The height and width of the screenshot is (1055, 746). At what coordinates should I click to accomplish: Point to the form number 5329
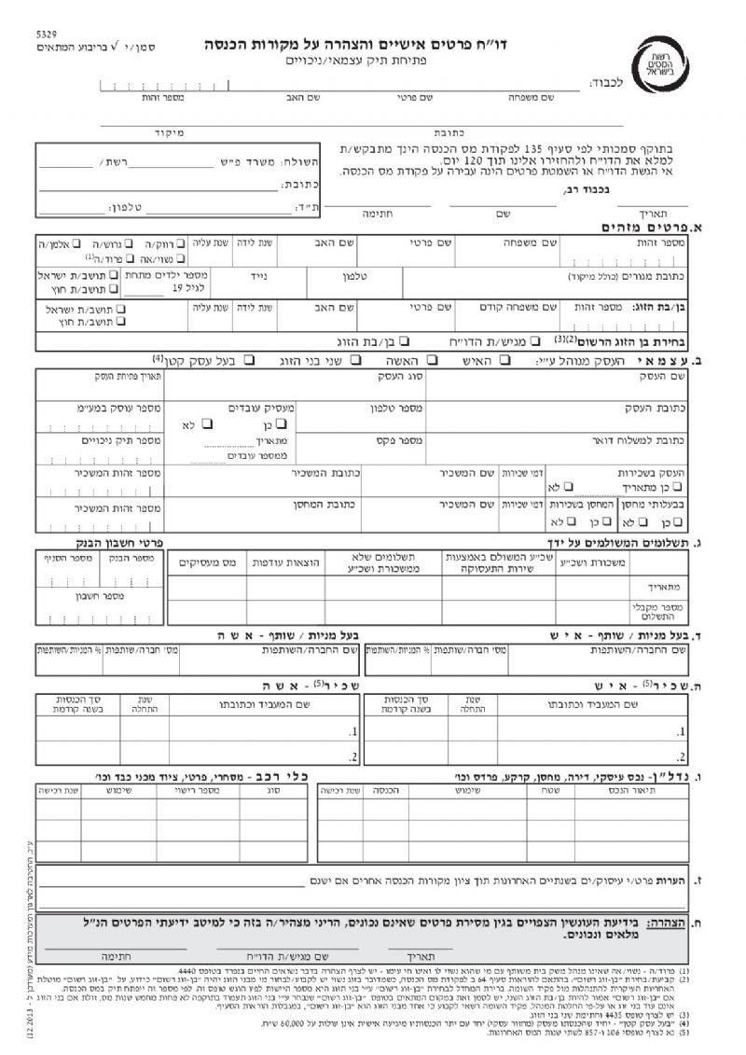pyautogui.click(x=46, y=34)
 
